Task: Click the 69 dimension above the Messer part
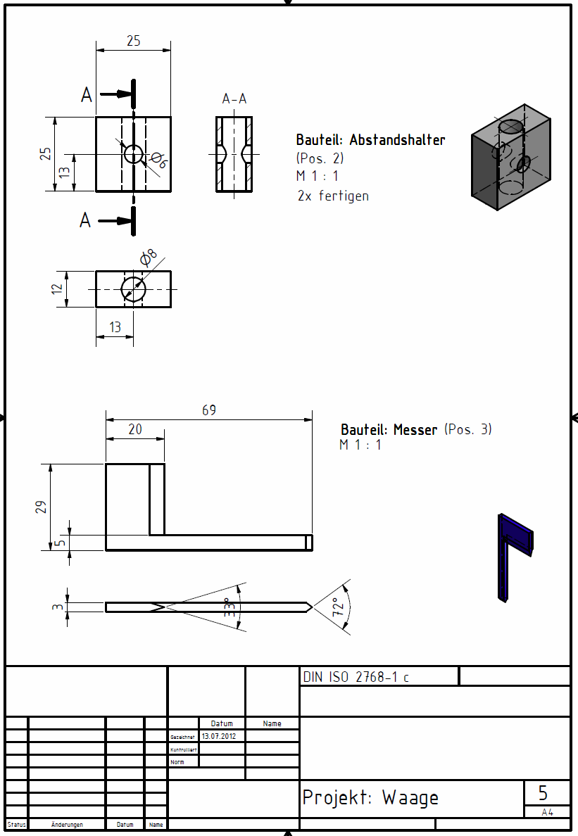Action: [209, 410]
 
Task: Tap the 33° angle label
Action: [229, 608]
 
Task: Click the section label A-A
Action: [234, 99]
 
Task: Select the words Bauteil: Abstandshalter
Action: [370, 140]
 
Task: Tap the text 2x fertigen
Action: [333, 196]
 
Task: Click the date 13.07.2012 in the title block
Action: [218, 736]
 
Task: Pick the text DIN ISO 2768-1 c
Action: [356, 678]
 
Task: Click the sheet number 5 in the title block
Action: [543, 793]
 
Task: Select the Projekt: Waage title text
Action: [370, 798]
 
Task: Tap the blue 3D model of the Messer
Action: [514, 556]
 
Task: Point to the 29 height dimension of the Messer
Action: [42, 507]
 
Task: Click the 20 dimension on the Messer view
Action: [134, 429]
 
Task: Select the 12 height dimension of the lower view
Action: [58, 289]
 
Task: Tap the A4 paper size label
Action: [547, 812]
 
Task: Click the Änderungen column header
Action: [67, 825]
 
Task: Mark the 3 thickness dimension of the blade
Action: [59, 607]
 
